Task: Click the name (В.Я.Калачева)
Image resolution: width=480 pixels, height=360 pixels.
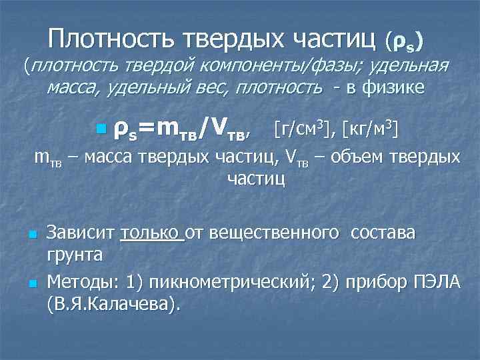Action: coord(113,304)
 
